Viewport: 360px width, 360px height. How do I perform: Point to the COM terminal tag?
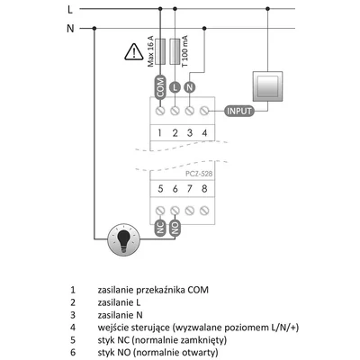click(159, 88)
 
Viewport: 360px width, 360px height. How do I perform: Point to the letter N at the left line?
click(70, 28)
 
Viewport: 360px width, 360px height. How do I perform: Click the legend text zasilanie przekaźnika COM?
click(160, 291)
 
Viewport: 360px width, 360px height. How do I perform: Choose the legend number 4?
click(72, 328)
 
